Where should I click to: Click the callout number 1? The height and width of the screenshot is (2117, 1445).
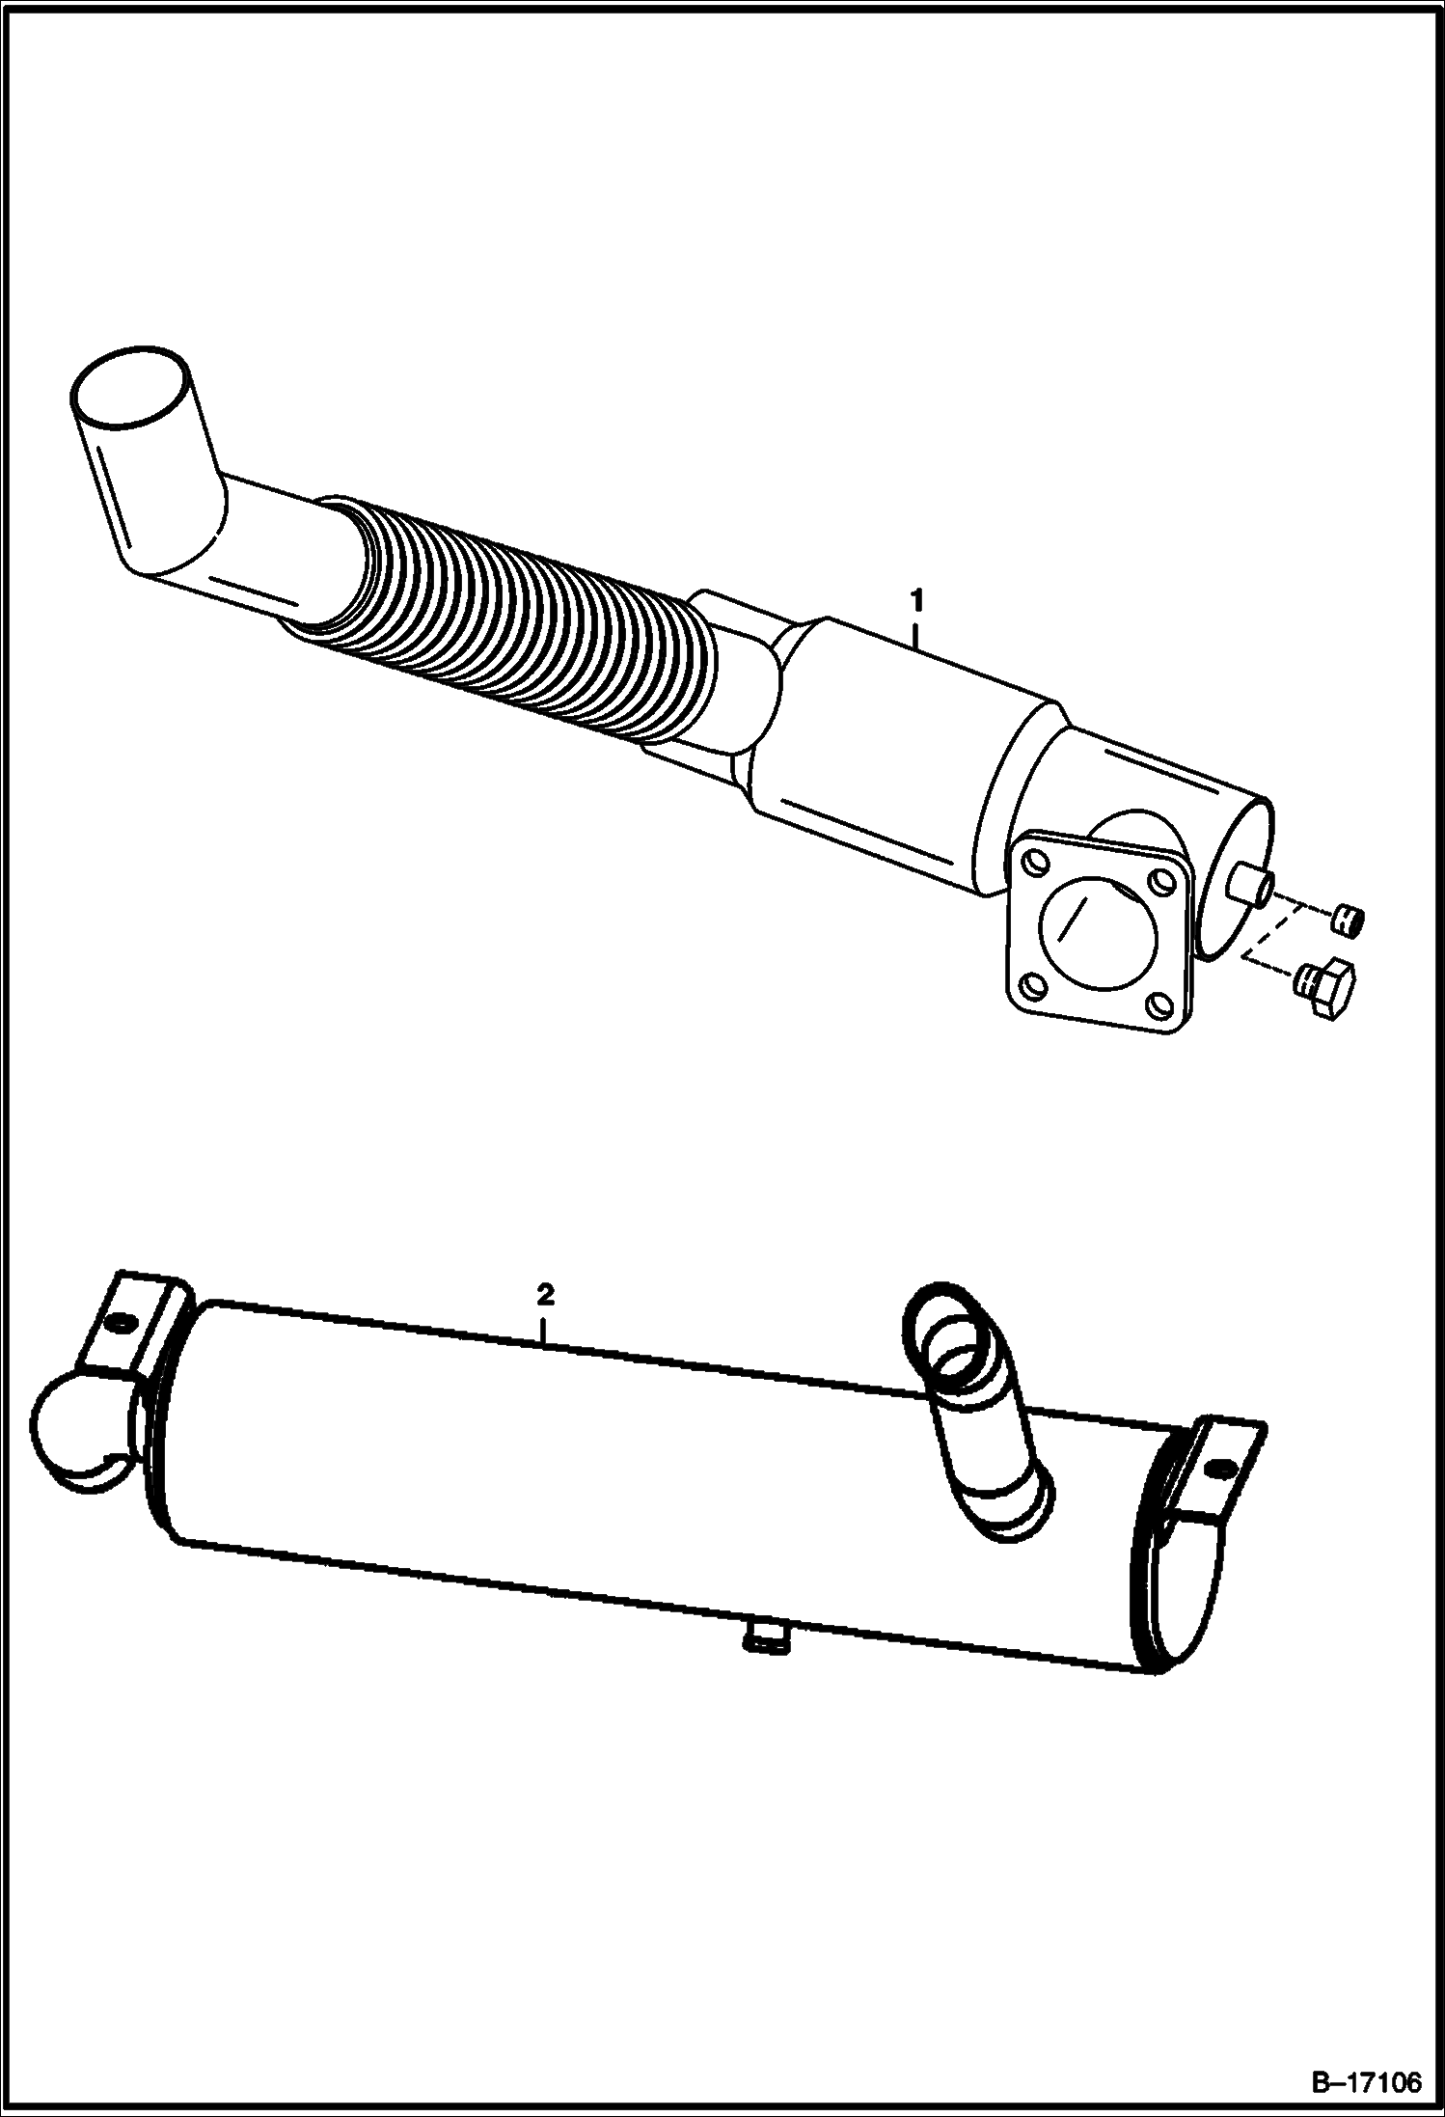tap(917, 600)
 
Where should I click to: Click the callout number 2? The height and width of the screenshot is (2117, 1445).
tap(546, 1295)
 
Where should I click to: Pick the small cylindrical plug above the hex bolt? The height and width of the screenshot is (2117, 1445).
tap(1346, 919)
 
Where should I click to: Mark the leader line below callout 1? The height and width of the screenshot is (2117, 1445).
tap(917, 632)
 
